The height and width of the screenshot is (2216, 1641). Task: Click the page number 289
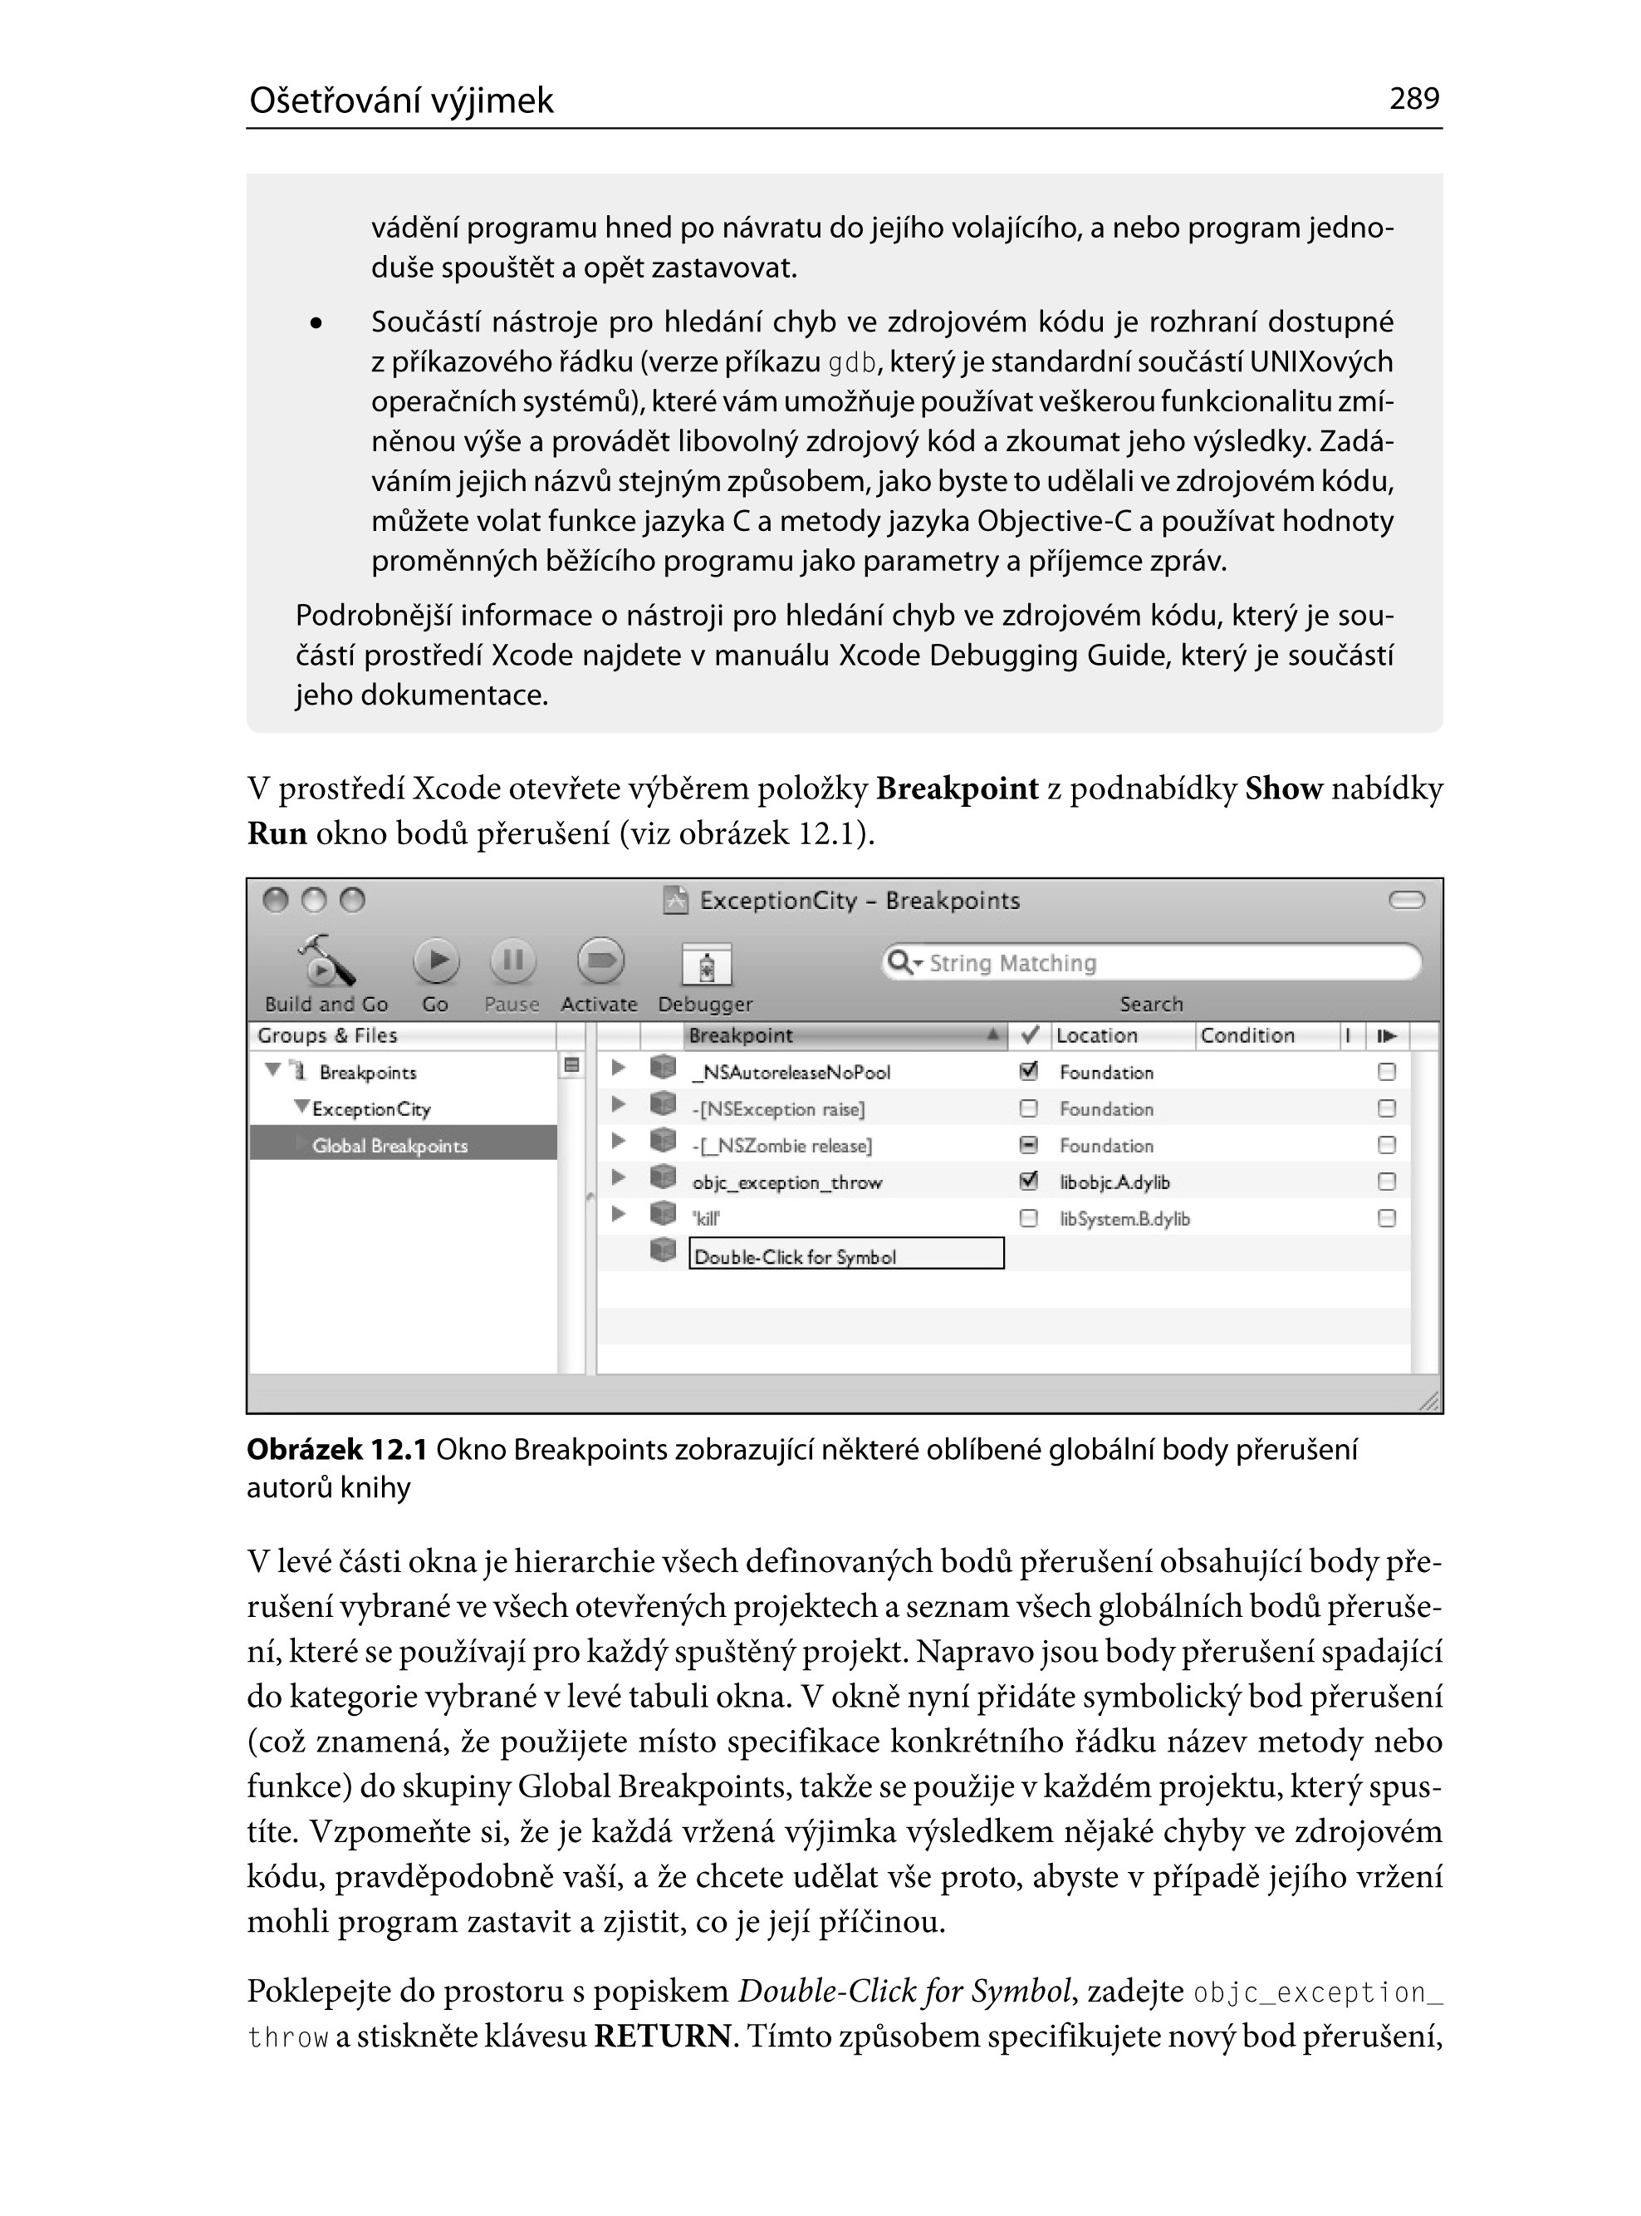click(x=1413, y=98)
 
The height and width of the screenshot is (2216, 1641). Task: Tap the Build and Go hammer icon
click(x=326, y=961)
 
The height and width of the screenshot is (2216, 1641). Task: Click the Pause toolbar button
click(x=512, y=961)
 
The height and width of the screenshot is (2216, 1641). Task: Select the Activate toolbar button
click(x=600, y=961)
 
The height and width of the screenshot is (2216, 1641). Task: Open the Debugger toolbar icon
click(x=706, y=965)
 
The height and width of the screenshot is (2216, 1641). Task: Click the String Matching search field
click(x=1153, y=963)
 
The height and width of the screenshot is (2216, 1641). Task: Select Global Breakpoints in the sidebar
click(x=389, y=1146)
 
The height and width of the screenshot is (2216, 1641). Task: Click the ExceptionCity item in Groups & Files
click(x=370, y=1109)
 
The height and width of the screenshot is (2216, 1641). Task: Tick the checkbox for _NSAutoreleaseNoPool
click(x=1029, y=1071)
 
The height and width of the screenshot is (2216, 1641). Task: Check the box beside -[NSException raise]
click(x=1029, y=1108)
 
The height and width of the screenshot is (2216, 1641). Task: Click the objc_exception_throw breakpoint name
click(x=786, y=1182)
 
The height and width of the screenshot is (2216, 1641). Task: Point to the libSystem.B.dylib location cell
click(x=1124, y=1219)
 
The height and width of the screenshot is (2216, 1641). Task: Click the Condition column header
click(x=1247, y=1035)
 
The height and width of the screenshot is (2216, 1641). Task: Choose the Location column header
click(x=1097, y=1035)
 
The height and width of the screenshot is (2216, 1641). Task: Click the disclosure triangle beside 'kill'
click(x=618, y=1214)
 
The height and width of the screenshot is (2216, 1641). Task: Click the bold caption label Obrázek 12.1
click(x=336, y=1450)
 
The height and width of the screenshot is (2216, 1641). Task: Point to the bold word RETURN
click(x=662, y=2037)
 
